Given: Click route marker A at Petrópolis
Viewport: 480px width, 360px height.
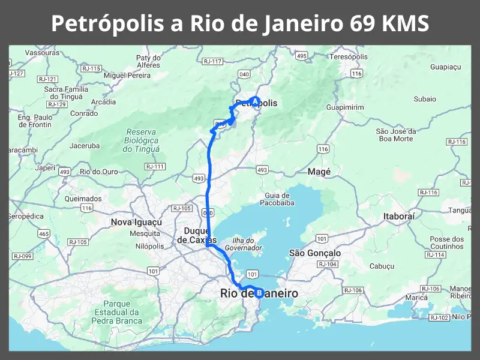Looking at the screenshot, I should pyautogui.click(x=255, y=101).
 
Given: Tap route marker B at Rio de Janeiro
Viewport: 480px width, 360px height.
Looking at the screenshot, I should pyautogui.click(x=259, y=293).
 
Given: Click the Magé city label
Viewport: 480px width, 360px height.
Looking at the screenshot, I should pyautogui.click(x=319, y=172).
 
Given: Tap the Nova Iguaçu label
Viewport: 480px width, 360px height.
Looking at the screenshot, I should pyautogui.click(x=136, y=222).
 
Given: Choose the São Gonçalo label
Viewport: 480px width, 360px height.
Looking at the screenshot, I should pyautogui.click(x=315, y=253).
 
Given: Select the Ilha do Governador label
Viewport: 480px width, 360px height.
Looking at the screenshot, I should pyautogui.click(x=244, y=244).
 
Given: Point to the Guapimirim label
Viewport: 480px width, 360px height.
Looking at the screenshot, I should pyautogui.click(x=345, y=107).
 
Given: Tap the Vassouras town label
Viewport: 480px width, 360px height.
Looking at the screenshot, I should pyautogui.click(x=42, y=53).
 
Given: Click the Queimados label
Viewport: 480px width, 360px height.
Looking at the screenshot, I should pyautogui.click(x=83, y=198).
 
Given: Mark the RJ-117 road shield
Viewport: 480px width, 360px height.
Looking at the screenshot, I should pyautogui.click(x=212, y=61).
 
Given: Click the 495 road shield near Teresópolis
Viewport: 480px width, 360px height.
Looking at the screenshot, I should pyautogui.click(x=301, y=56).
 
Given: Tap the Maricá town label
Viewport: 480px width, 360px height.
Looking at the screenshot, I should pyautogui.click(x=416, y=297).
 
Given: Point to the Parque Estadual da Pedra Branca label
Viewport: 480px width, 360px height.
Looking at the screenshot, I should pyautogui.click(x=117, y=312).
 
